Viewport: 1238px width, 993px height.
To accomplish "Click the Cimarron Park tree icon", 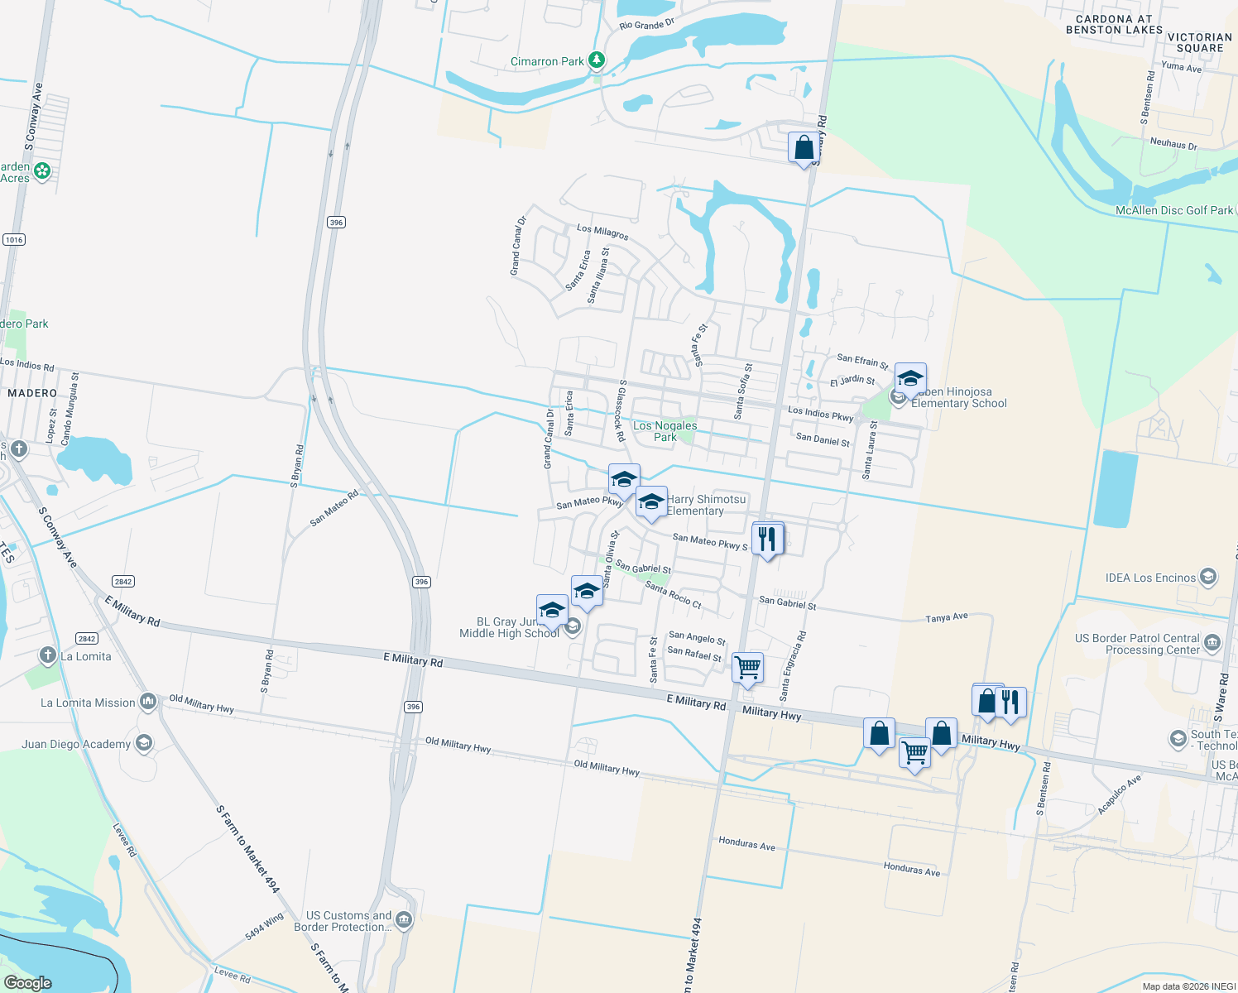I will (x=596, y=60).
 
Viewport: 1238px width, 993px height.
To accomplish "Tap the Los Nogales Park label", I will (x=665, y=431).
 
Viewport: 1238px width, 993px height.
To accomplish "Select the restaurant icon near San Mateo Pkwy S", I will (x=767, y=539).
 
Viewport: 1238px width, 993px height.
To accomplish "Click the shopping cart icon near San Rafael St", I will (x=747, y=666).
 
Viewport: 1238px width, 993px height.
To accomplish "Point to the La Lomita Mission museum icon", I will (x=148, y=703).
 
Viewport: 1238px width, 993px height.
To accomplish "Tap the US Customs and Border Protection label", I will (x=348, y=921).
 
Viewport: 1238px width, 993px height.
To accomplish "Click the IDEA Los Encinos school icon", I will (x=1208, y=577).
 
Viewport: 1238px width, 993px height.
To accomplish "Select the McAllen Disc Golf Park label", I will (x=1173, y=210).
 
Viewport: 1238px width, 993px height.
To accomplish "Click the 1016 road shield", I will (x=14, y=240).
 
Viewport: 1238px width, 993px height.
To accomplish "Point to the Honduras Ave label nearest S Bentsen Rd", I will (x=912, y=870).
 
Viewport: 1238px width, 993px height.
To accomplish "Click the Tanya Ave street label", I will (x=947, y=617).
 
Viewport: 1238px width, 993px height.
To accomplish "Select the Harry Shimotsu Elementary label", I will (x=706, y=505).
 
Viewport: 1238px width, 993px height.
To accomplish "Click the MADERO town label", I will (x=32, y=393).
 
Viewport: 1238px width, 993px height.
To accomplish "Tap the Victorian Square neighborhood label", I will (x=1199, y=42).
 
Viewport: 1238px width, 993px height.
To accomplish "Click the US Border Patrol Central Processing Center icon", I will (x=1212, y=643).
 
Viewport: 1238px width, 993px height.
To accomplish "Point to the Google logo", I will (x=27, y=983).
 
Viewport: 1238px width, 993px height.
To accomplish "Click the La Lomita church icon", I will (x=48, y=655).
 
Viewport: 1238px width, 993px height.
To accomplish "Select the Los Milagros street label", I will (x=602, y=232).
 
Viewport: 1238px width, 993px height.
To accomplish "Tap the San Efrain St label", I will (x=862, y=361).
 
